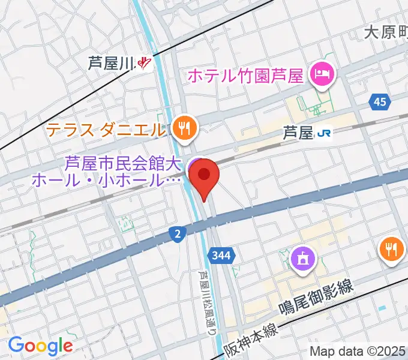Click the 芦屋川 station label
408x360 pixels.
tap(112, 62)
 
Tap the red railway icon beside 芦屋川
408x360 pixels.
tap(145, 62)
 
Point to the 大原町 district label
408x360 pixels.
tap(385, 33)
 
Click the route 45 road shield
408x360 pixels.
tap(379, 103)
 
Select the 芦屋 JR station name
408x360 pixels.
tap(298, 133)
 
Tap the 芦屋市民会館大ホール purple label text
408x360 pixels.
tap(123, 171)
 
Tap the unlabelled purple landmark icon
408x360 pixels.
tap(300, 259)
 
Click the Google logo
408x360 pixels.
tap(40, 346)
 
